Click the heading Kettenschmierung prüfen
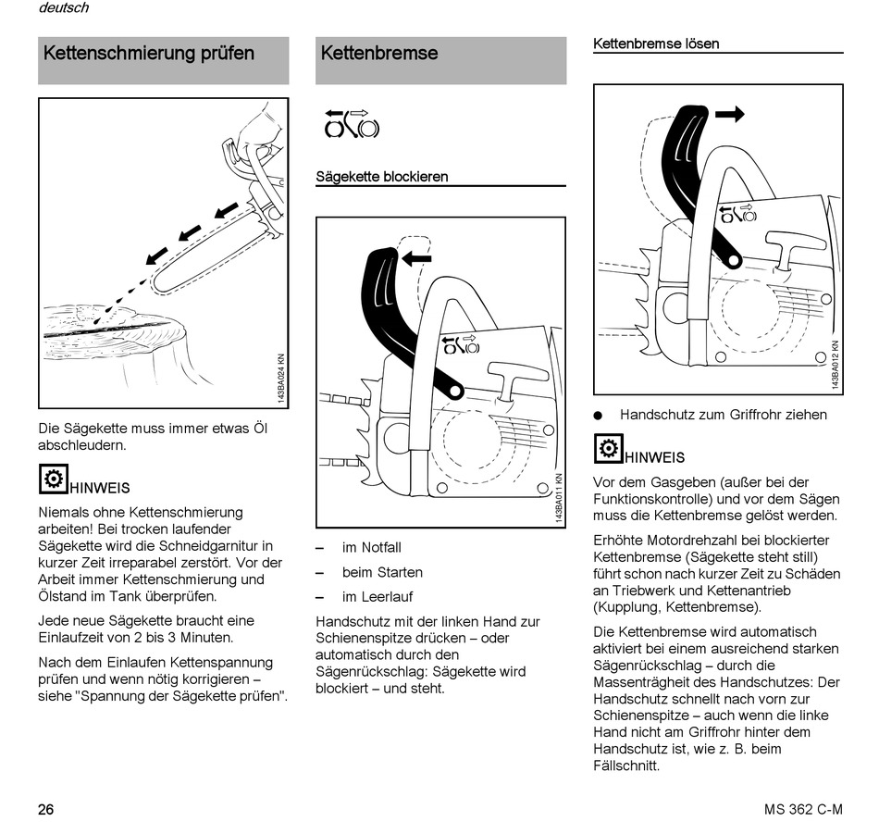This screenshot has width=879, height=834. click(149, 54)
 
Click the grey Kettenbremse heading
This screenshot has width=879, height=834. click(379, 54)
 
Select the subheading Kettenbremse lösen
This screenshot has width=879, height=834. click(655, 44)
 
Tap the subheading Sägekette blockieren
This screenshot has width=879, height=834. click(382, 176)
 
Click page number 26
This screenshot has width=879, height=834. click(46, 810)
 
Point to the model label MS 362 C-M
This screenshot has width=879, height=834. click(803, 810)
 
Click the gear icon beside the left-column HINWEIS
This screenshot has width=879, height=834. click(52, 479)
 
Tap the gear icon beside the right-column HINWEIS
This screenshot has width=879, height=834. click(607, 449)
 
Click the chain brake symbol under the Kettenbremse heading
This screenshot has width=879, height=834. click(352, 123)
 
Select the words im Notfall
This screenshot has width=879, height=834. click(371, 548)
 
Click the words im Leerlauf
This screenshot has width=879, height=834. click(378, 597)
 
